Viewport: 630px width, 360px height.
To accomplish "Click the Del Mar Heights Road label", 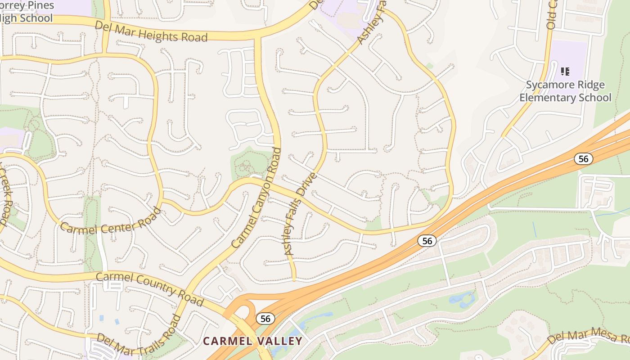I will tap(151, 31).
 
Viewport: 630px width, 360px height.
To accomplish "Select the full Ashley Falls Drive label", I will tap(301, 214).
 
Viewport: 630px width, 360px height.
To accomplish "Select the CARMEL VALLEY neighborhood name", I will tap(252, 341).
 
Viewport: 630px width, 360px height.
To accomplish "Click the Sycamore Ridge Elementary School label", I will tap(565, 91).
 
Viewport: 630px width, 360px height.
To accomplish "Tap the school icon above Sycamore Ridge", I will tap(565, 71).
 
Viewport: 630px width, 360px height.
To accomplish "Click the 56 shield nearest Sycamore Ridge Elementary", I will tap(583, 158).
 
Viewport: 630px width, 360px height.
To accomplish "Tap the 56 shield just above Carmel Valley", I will tap(265, 319).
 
